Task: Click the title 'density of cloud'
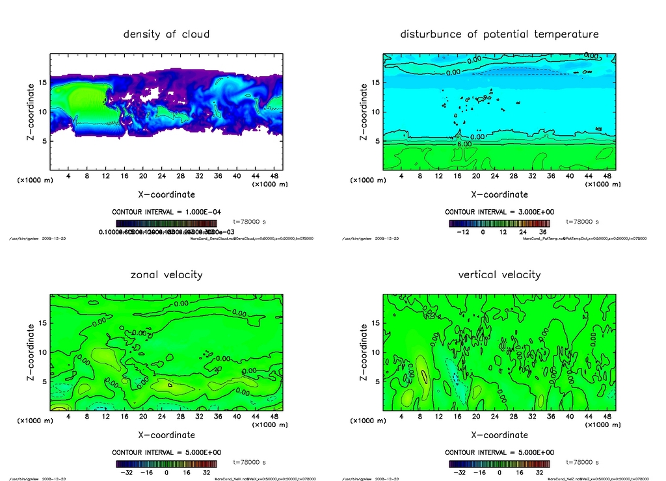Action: tap(166, 34)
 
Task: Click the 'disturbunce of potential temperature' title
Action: tap(499, 34)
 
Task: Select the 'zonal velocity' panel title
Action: tap(166, 274)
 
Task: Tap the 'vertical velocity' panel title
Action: tap(499, 274)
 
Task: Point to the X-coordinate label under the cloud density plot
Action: tap(166, 194)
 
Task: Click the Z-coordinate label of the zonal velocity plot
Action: tap(31, 352)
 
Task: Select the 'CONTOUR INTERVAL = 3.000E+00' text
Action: tap(499, 212)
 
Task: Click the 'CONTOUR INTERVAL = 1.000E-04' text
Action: tap(166, 212)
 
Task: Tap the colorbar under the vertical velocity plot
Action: tap(499, 465)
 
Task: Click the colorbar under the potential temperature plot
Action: tap(499, 224)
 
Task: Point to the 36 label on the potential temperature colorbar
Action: tap(542, 231)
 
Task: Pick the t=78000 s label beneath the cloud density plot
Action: tap(250, 222)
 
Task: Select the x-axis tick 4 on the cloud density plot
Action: tap(68, 175)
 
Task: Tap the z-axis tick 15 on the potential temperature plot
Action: tap(376, 83)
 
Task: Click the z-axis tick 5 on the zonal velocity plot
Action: tap(46, 382)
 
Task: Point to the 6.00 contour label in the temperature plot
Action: tap(466, 143)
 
